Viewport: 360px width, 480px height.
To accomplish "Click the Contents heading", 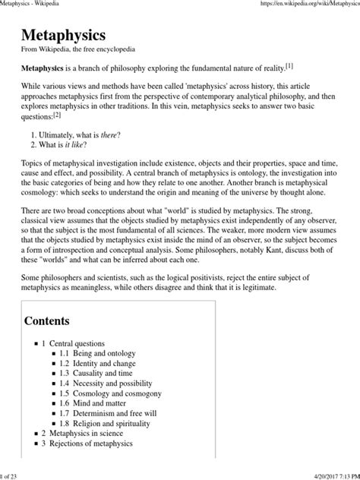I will [47, 320].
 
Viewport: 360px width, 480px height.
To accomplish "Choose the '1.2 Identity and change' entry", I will [106, 365].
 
